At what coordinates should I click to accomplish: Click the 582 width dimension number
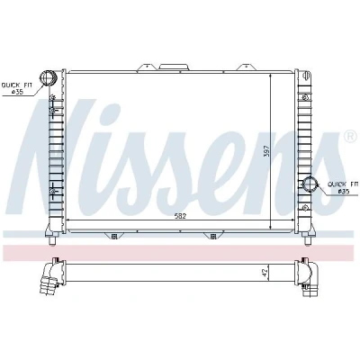tap(180, 216)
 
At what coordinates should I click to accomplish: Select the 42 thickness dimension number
tap(265, 273)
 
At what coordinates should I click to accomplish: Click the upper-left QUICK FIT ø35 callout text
tap(17, 88)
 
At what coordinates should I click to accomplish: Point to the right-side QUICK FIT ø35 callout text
tap(343, 187)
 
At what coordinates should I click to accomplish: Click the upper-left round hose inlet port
tap(48, 77)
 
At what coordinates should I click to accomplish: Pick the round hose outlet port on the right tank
tap(310, 184)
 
